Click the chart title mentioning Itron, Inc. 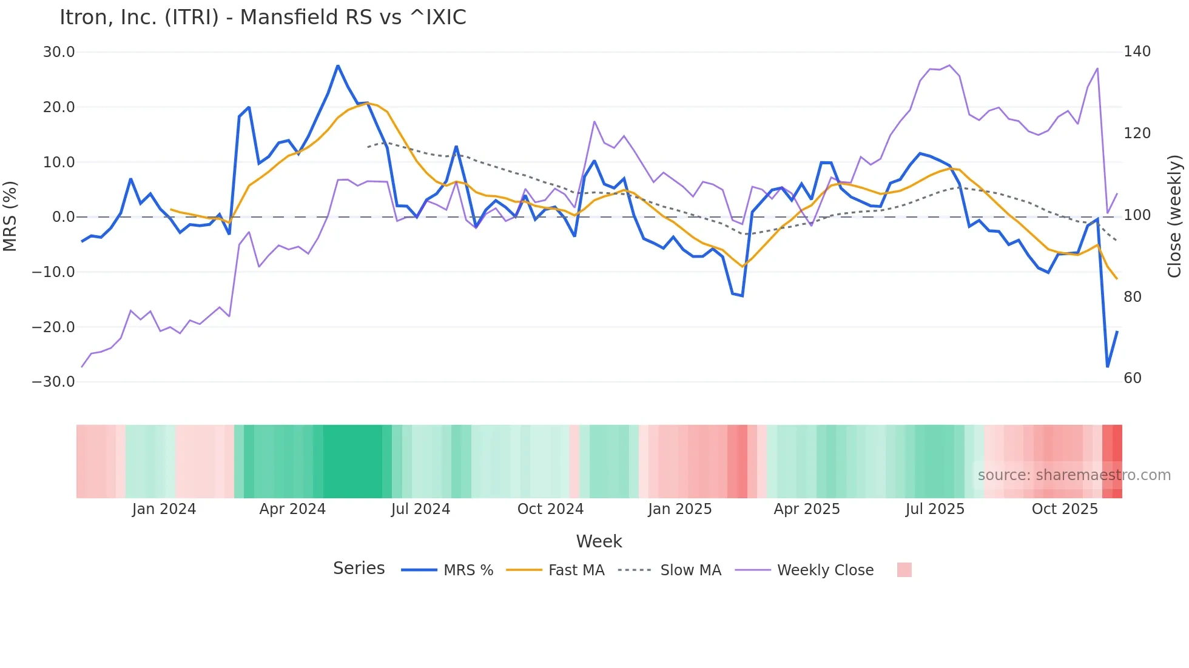(x=263, y=18)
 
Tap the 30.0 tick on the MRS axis (x=59, y=52)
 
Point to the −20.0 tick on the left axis (x=53, y=327)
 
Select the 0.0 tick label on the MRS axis (x=63, y=217)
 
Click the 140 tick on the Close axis (x=1137, y=52)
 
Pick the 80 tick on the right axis (x=1133, y=297)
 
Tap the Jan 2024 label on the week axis (x=164, y=509)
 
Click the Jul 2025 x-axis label (x=935, y=509)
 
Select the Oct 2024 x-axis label (x=550, y=509)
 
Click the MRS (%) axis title (x=10, y=216)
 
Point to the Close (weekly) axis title (x=1175, y=216)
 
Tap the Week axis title (x=599, y=541)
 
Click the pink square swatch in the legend (x=904, y=570)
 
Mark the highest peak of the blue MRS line (x=338, y=65)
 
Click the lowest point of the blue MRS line (x=1108, y=367)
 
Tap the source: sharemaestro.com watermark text (x=1074, y=475)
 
